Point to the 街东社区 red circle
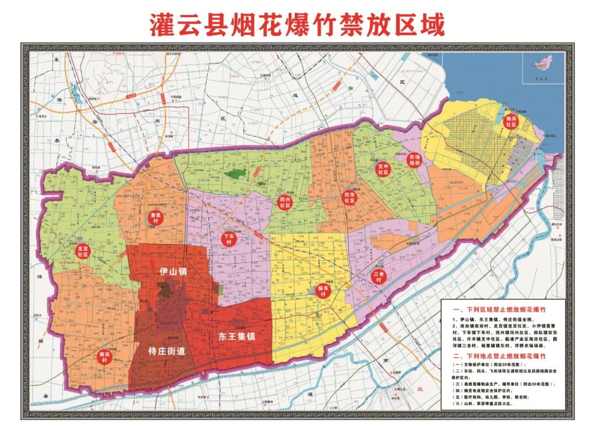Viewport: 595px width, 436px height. pos(350,198)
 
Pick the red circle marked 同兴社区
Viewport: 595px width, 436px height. pos(285,202)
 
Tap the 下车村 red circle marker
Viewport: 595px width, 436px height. pos(229,239)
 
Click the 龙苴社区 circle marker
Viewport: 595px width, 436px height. pos(83,252)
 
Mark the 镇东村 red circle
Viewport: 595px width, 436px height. pos(323,291)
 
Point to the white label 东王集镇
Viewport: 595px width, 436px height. pos(237,335)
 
